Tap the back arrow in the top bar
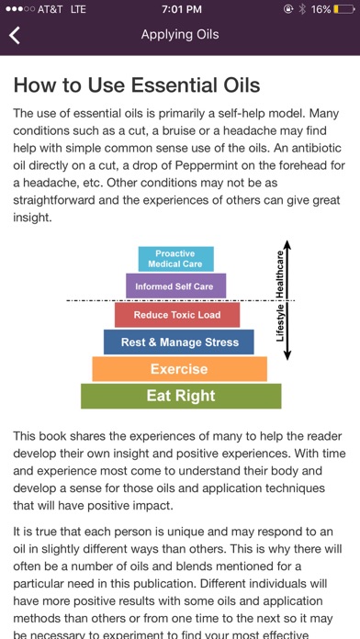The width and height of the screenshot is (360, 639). (15, 36)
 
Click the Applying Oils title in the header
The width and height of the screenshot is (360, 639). (180, 35)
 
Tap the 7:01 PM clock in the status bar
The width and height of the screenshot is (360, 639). (180, 9)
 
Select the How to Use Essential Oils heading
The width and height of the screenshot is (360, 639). (137, 86)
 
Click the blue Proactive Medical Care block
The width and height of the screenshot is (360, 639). (175, 259)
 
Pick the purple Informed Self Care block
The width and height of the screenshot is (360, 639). (174, 286)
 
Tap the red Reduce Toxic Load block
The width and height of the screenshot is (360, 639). (177, 315)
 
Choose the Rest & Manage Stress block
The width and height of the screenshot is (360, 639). (179, 342)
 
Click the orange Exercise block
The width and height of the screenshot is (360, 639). (179, 369)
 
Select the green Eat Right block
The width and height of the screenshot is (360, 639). (181, 396)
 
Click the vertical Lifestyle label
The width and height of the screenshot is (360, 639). (281, 324)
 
